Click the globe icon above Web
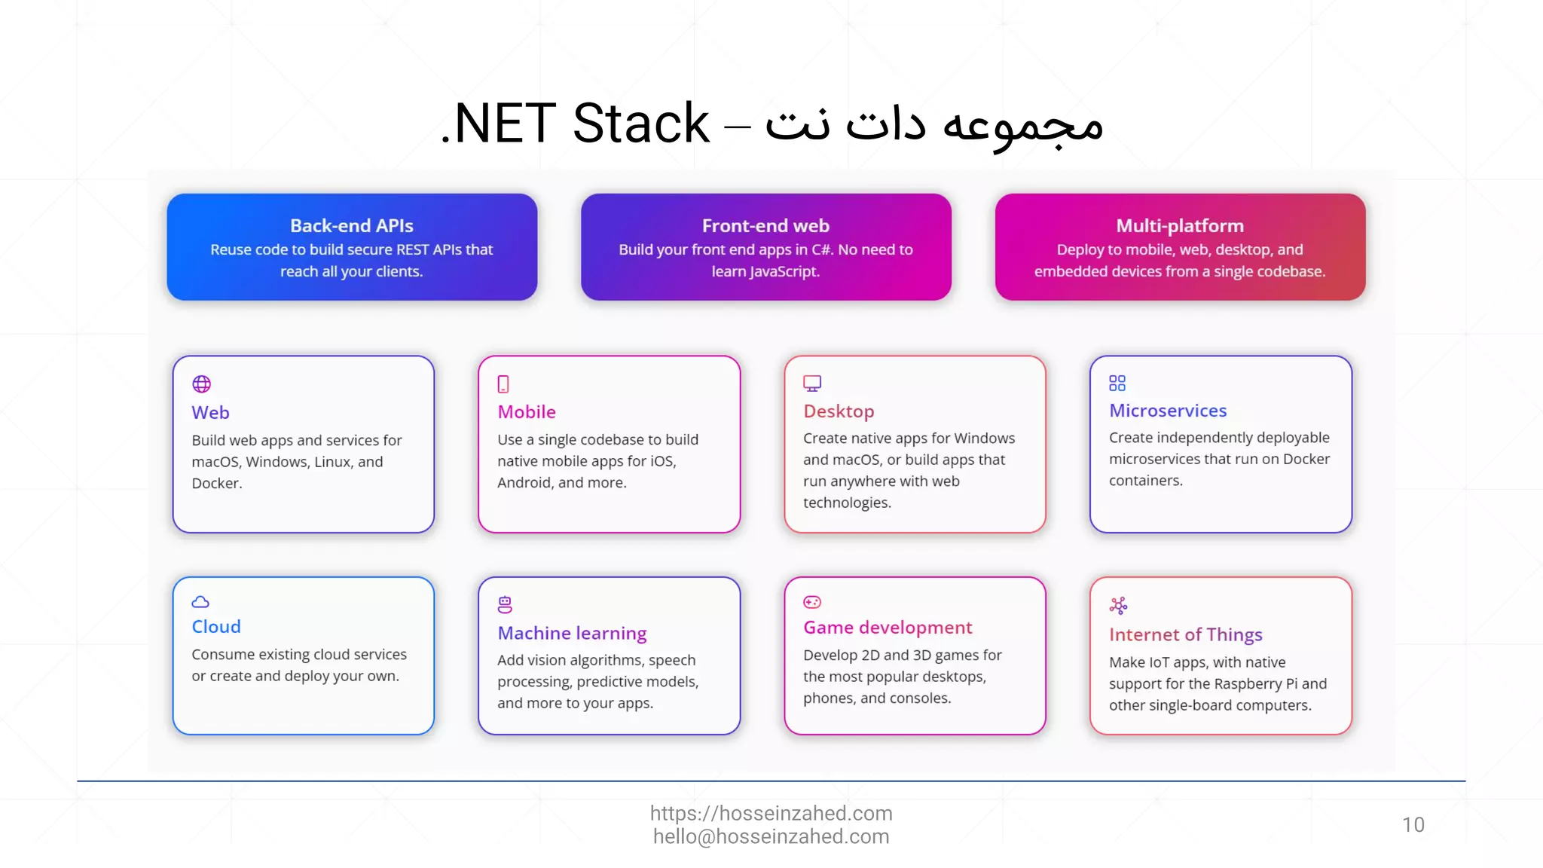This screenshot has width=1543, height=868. pos(201,384)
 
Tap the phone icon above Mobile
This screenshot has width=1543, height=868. pos(503,384)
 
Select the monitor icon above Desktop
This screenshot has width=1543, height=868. pos(812,384)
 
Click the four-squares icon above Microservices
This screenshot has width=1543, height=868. pos(1117,384)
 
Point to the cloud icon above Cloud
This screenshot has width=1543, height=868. pos(200,602)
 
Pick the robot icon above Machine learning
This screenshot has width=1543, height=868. pos(505,604)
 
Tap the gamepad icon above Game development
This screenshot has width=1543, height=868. pos(812,602)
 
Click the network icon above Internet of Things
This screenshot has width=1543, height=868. pos(1118,605)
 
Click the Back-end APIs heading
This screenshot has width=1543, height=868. pos(352,225)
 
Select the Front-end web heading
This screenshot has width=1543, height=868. pos(765,225)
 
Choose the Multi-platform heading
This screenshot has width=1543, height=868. pos(1180,225)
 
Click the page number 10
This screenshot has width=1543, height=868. pos(1413,825)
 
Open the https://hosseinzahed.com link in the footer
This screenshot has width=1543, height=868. pos(771,813)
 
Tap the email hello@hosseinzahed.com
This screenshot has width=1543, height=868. pos(771,837)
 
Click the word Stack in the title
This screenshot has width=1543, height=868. pos(640,124)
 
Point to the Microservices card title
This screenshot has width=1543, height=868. pos(1168,411)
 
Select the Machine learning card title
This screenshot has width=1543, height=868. pos(572,633)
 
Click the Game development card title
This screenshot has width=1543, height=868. pos(888,628)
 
